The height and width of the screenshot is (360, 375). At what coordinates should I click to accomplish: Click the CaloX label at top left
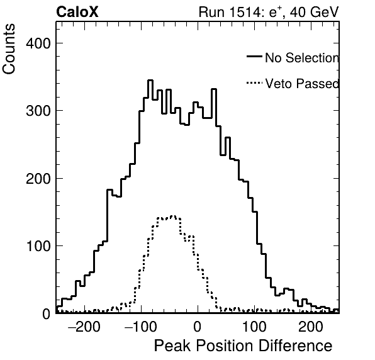(77, 12)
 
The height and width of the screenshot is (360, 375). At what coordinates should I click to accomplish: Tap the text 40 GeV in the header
(315, 12)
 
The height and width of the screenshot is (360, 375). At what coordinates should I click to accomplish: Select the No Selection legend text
(302, 58)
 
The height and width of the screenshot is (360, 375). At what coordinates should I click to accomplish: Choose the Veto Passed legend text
(302, 84)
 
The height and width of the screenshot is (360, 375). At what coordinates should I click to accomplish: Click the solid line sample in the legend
(254, 56)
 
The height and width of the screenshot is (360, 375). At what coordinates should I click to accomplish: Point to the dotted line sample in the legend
(254, 83)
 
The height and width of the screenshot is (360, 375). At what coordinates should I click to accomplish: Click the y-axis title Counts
(9, 49)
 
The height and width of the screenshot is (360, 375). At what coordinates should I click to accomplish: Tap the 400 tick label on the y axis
(38, 43)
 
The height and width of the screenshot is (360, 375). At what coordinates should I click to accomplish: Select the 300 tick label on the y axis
(38, 111)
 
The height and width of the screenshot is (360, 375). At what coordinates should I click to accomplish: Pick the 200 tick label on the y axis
(38, 179)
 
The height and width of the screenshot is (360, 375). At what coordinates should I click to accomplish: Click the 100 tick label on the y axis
(39, 246)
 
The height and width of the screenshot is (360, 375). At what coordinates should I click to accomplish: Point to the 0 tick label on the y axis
(47, 314)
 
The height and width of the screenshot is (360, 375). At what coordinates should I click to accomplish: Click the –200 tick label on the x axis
(84, 327)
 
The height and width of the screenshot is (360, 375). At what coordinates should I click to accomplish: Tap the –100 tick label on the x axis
(141, 327)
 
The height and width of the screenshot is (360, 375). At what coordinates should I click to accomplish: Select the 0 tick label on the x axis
(198, 327)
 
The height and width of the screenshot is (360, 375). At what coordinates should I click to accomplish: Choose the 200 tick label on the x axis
(311, 327)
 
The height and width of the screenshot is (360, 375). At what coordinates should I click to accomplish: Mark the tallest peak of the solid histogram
(150, 81)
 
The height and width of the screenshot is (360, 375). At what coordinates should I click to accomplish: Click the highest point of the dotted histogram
(173, 216)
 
